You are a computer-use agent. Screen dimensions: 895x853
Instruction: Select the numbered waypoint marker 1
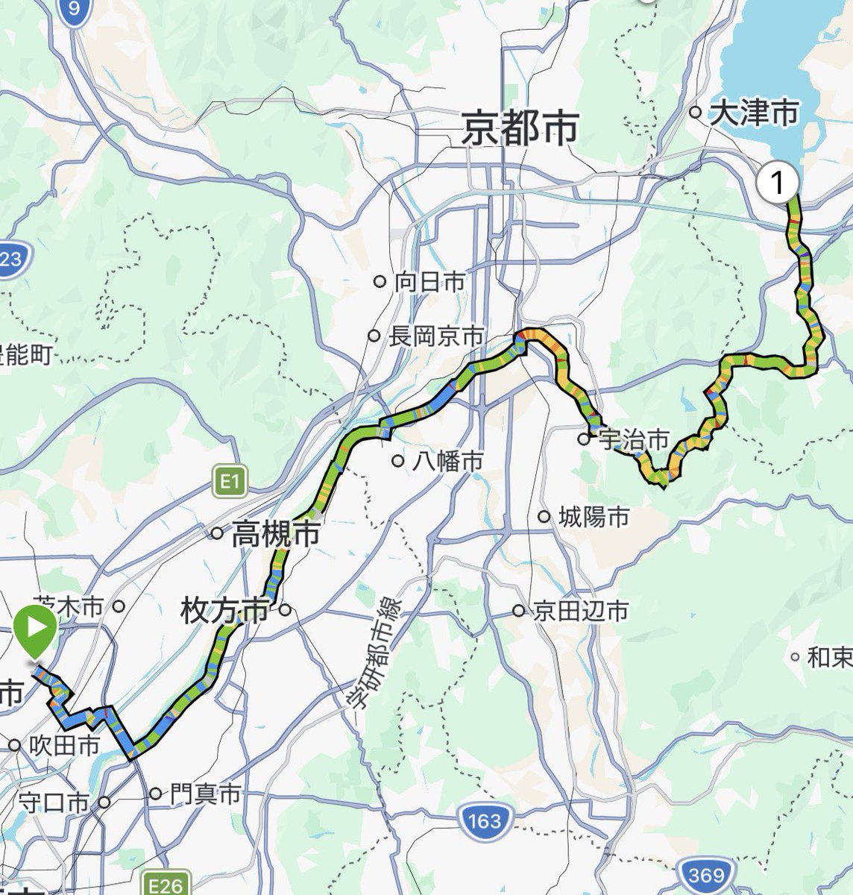tap(778, 182)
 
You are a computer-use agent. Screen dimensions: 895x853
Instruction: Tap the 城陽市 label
tap(594, 517)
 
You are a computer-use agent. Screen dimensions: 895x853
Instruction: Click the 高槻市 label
tap(275, 534)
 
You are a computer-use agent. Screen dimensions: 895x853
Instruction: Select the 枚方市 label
tap(224, 611)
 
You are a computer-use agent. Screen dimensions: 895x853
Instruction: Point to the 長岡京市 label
tap(436, 336)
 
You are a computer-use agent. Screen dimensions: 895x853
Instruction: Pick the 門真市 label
tap(204, 794)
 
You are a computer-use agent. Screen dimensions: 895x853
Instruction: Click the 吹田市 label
tap(65, 745)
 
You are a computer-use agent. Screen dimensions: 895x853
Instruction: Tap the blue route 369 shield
tap(705, 874)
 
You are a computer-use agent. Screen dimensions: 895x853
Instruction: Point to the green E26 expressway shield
tap(165, 885)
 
